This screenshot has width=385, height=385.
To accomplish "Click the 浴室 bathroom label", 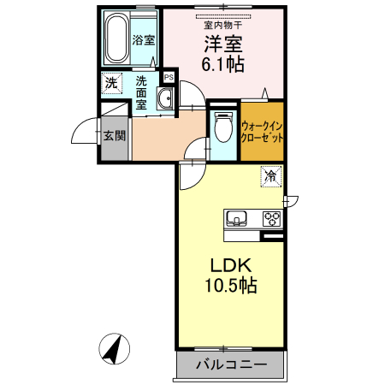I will click(142, 40).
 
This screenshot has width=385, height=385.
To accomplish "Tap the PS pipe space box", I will click(169, 77).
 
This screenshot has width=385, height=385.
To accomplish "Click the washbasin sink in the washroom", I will click(166, 100).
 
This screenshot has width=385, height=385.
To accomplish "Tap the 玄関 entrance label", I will click(115, 136).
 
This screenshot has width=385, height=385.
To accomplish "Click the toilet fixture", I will click(221, 128).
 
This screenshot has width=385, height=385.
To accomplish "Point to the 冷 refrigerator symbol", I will click(270, 177).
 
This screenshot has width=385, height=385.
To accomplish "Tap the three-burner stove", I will click(272, 217).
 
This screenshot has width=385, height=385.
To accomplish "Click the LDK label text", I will click(226, 264).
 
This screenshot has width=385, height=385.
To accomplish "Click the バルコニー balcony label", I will click(228, 365).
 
